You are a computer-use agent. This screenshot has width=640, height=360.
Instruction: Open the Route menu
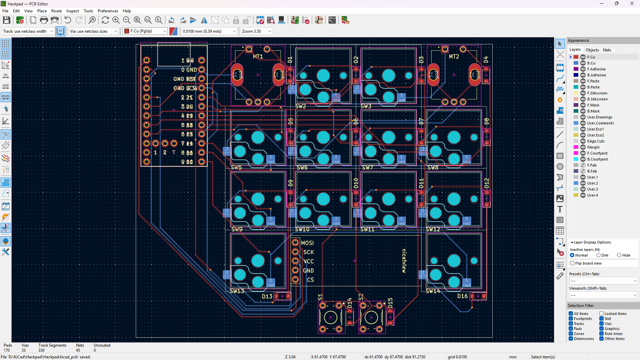pos(56,11)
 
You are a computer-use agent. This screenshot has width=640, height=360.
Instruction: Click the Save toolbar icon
pos(6,20)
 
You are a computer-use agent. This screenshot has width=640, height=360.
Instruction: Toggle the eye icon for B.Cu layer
pos(583,63)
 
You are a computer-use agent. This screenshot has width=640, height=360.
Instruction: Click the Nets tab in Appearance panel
pos(607,50)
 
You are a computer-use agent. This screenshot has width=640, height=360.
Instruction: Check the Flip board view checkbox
pos(572,263)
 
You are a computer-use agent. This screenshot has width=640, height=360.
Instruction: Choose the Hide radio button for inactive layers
pos(619,255)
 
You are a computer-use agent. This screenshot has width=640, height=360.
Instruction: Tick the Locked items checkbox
pos(602,314)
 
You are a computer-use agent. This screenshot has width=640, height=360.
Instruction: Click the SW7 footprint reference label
pos(367,168)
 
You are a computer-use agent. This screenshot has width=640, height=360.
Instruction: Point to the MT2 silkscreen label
pos(454,57)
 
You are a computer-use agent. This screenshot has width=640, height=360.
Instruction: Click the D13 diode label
pos(267,296)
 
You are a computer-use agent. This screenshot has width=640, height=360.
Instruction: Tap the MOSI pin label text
pos(307,243)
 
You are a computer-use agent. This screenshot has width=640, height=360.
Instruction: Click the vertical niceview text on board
pos(404,261)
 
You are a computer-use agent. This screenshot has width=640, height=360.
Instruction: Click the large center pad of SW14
pos(454,261)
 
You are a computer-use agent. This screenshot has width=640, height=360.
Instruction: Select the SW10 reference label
pos(302,230)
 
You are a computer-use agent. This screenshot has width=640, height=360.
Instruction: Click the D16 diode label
pos(462,296)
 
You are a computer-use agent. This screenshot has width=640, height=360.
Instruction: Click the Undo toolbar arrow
pos(68,20)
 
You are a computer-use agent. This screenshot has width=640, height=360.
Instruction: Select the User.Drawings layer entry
pos(599,117)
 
